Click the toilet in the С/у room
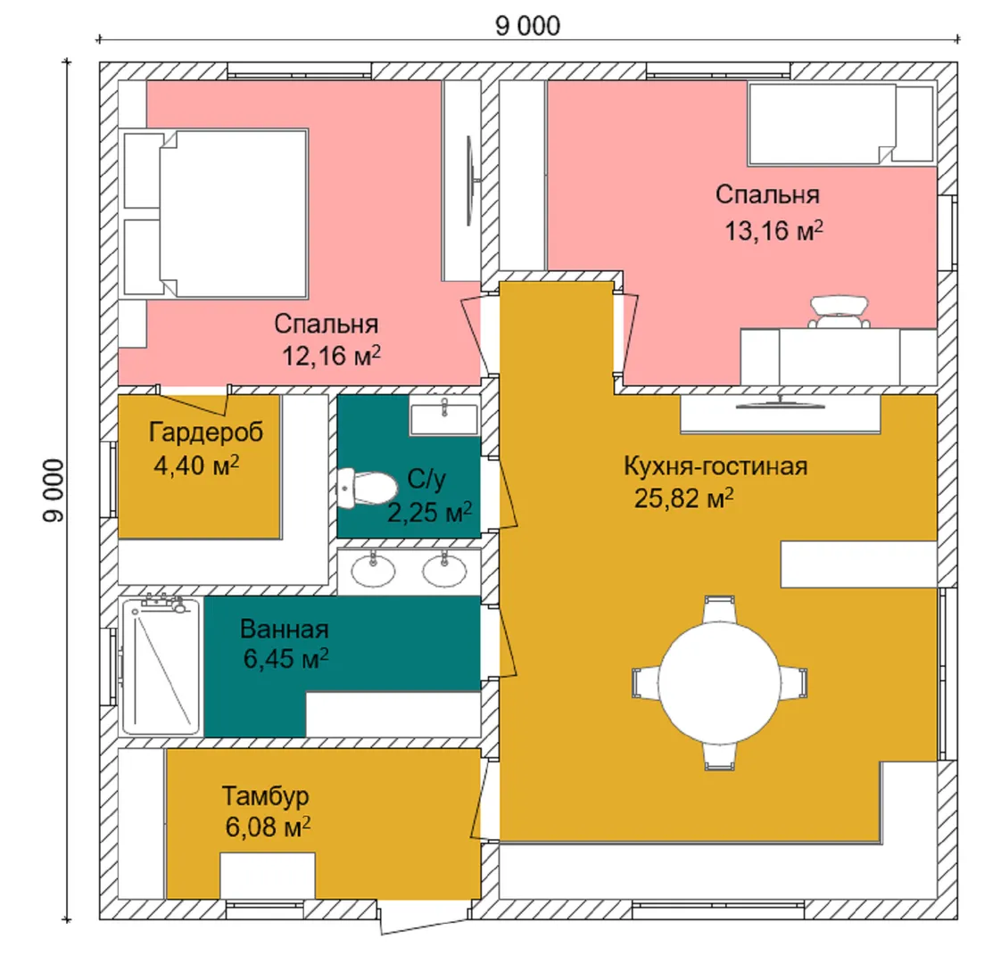tap(367, 489)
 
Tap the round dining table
tap(719, 683)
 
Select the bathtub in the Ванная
tap(161, 666)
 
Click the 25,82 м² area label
tap(683, 498)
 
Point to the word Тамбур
tap(266, 796)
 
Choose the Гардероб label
tap(205, 432)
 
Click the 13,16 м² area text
tap(773, 230)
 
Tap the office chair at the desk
tap(839, 311)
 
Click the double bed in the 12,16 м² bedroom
tap(217, 214)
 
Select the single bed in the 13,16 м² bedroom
tap(841, 124)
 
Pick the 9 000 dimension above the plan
tap(528, 26)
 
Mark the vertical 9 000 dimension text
tap(54, 490)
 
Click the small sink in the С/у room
tap(444, 418)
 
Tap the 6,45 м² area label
tap(286, 659)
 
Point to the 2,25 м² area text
tap(430, 512)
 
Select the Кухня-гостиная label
tap(716, 466)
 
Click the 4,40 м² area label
tap(196, 465)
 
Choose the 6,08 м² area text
tap(269, 827)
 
